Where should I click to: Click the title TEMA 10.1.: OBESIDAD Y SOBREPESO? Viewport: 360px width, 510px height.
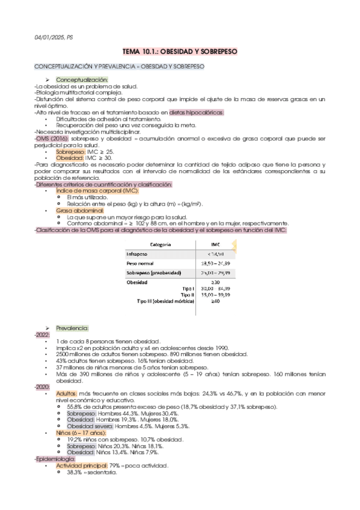click(x=180, y=53)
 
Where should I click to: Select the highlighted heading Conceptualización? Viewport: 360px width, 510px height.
click(x=82, y=80)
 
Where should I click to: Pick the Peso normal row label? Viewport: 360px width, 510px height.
click(x=139, y=263)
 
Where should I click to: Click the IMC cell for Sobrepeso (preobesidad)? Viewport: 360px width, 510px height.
click(x=215, y=273)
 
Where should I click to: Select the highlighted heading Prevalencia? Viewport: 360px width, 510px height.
click(x=72, y=328)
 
